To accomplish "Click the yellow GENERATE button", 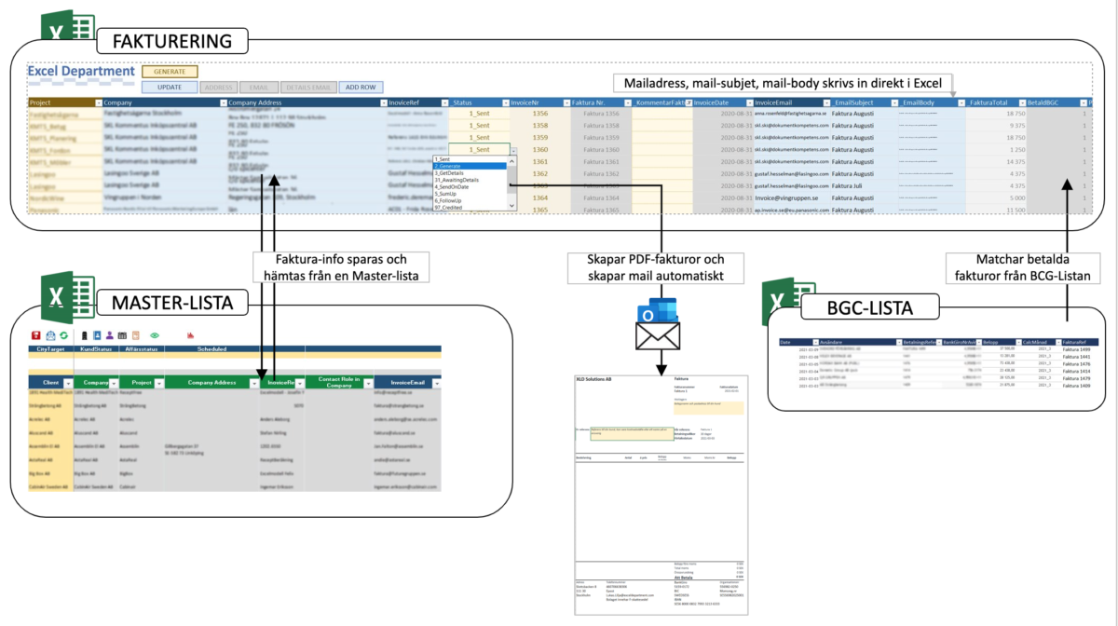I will point(170,71).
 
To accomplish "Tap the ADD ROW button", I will point(361,87).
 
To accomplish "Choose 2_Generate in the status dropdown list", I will point(457,166).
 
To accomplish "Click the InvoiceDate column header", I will point(719,102).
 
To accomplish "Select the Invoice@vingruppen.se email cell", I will point(791,197).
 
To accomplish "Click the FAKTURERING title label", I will point(171,41).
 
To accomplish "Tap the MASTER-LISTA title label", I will point(173,304).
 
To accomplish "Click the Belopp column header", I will point(995,342).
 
